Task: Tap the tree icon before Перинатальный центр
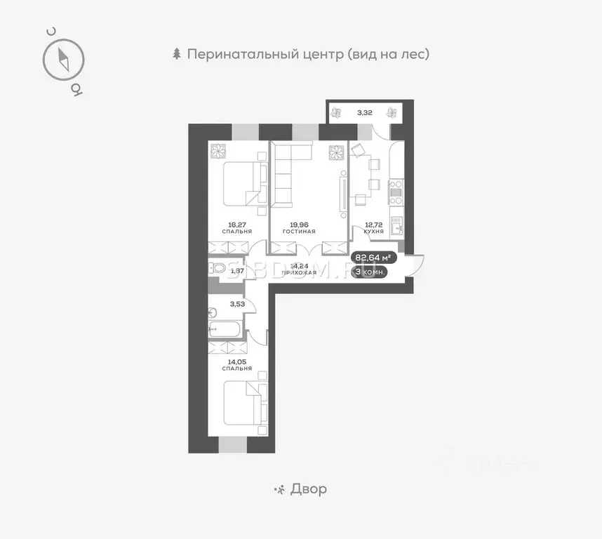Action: pyautogui.click(x=177, y=54)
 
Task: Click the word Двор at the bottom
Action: pyautogui.click(x=308, y=489)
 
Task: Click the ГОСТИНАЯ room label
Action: pyautogui.click(x=299, y=231)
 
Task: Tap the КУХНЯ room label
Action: pyautogui.click(x=373, y=231)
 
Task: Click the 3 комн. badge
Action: pyautogui.click(x=370, y=272)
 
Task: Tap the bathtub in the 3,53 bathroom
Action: pyautogui.click(x=225, y=330)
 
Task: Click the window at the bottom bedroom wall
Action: pyautogui.click(x=233, y=444)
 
